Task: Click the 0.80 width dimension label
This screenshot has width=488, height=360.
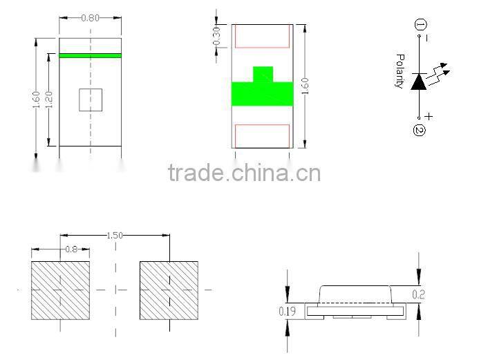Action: [90, 18]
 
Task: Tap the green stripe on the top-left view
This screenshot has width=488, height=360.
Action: [90, 55]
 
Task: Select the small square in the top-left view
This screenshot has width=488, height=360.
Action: [91, 100]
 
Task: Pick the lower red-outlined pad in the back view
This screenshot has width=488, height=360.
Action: [262, 135]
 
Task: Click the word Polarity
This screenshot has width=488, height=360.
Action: [399, 71]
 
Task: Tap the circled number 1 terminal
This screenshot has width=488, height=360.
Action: [420, 26]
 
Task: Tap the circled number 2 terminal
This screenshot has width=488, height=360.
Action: [419, 129]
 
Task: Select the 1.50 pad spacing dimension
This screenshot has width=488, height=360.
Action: [115, 236]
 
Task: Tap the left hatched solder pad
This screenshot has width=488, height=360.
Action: [61, 290]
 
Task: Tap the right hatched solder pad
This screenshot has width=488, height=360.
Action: [169, 290]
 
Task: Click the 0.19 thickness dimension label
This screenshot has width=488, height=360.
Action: [288, 312]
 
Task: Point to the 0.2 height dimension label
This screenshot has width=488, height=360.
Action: [418, 294]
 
